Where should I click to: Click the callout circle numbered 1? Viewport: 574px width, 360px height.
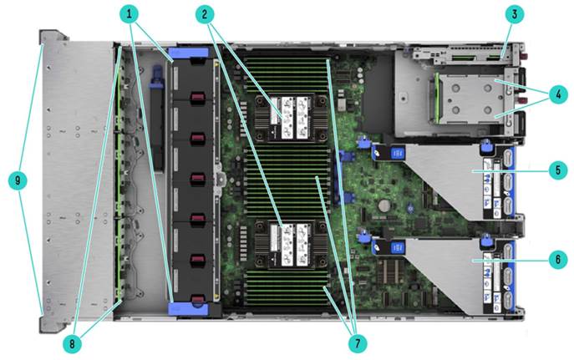[x=129, y=15]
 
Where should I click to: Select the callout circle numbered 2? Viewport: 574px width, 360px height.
[x=205, y=15]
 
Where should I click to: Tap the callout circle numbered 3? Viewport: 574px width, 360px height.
[x=515, y=15]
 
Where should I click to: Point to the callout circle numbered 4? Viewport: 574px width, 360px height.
[x=558, y=94]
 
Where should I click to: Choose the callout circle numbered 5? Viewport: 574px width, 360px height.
[x=558, y=170]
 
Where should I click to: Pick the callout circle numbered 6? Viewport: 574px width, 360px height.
[x=558, y=260]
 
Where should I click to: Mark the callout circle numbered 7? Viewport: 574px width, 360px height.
[x=358, y=343]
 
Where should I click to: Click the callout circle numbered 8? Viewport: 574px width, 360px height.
[x=72, y=343]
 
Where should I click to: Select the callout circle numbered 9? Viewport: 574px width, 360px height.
[x=18, y=180]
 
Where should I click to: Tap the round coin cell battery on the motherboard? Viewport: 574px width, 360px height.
[x=384, y=205]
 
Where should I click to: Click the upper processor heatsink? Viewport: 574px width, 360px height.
[x=290, y=118]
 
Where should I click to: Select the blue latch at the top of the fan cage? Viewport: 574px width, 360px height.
[x=189, y=53]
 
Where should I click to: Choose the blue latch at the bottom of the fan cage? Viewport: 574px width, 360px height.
[x=188, y=309]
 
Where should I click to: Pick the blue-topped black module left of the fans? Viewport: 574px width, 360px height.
[x=157, y=118]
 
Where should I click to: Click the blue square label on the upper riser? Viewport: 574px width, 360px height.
[x=397, y=153]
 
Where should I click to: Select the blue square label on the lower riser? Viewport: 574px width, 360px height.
[x=397, y=248]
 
